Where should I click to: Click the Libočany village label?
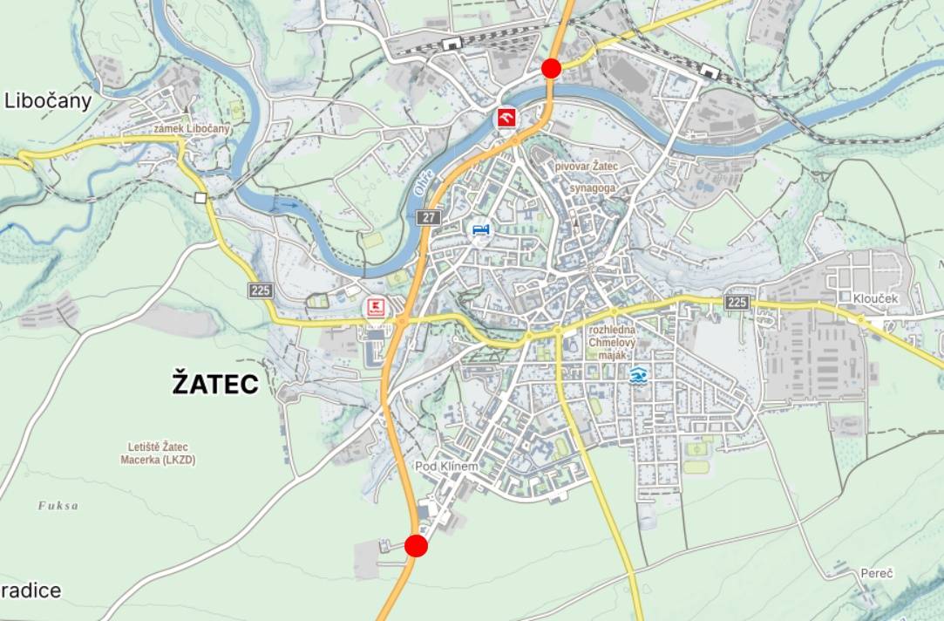48,101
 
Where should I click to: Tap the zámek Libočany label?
192,129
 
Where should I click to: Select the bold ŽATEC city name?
215,383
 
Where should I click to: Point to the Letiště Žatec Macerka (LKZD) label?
158,454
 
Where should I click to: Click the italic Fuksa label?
58,505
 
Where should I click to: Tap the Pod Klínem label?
446,467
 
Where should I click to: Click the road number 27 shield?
428,217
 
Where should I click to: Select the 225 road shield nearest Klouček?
737,302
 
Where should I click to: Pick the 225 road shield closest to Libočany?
260,290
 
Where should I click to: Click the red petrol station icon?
506,118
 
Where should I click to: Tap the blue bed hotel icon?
480,230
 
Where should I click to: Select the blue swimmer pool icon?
639,376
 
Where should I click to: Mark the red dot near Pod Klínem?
417,546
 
